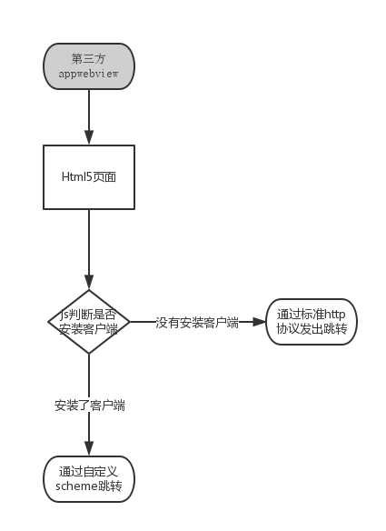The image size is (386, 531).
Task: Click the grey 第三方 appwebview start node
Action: [89, 65]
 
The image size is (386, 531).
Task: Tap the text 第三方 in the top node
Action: [89, 58]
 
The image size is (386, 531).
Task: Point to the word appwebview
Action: [89, 74]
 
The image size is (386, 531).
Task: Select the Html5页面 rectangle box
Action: [89, 176]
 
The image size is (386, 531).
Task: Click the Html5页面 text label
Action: [89, 176]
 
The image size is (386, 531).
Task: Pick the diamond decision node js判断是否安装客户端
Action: [89, 322]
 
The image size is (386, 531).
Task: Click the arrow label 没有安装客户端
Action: [196, 322]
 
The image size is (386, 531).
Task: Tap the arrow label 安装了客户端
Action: [89, 406]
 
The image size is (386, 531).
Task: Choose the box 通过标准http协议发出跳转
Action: [312, 323]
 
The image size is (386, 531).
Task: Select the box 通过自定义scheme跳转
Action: [89, 478]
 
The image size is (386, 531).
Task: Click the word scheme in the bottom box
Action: [76, 486]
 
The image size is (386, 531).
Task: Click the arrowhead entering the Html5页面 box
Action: [89, 139]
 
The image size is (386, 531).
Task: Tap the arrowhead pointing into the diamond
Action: [89, 284]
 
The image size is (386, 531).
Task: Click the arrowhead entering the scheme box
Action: [89, 449]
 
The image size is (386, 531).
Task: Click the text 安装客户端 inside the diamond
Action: [89, 330]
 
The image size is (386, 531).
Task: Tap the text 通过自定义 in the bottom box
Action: [89, 471]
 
